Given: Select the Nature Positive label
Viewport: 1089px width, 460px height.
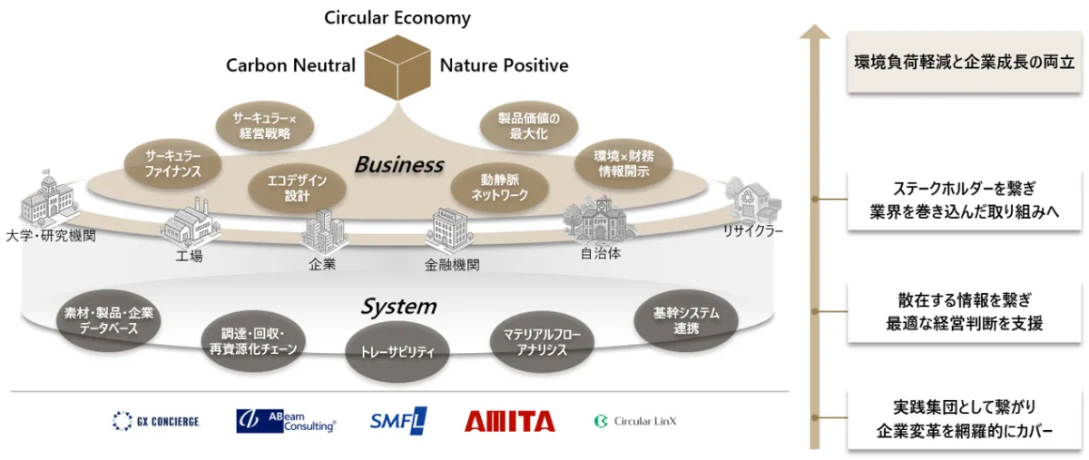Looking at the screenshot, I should [x=504, y=65].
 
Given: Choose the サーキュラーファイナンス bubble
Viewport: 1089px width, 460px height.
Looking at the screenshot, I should [x=172, y=162].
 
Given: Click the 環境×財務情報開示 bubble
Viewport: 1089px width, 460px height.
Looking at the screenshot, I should [x=623, y=163].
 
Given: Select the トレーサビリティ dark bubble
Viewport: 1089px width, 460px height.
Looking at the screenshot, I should [x=398, y=351].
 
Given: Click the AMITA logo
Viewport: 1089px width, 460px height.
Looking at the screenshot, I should [x=509, y=421].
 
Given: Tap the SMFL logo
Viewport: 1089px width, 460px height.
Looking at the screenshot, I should [x=398, y=420].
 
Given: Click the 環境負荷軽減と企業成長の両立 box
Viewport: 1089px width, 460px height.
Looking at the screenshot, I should [x=965, y=63].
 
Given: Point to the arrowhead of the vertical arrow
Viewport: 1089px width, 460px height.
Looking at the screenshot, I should [x=816, y=34].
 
